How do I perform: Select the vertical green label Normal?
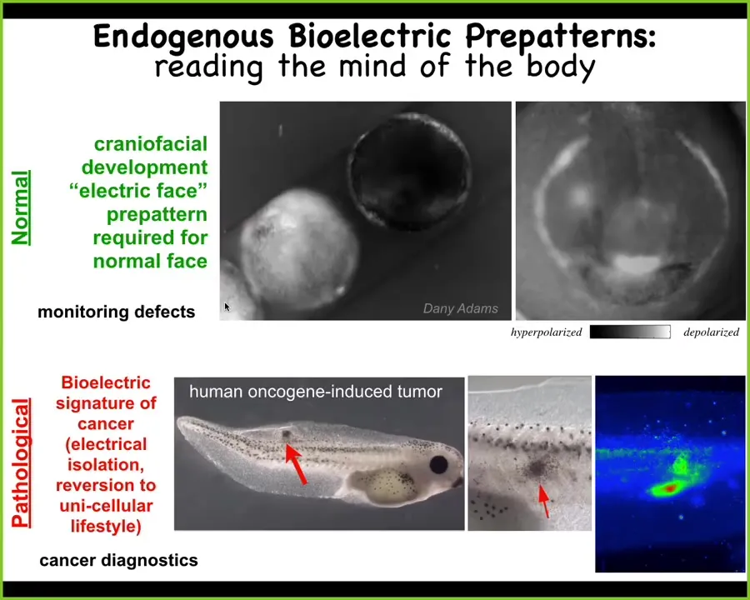(x=21, y=208)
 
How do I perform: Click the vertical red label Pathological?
(x=21, y=462)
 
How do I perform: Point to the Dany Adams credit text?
(x=461, y=308)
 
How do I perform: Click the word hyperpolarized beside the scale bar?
(x=546, y=332)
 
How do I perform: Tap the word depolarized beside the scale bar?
(x=712, y=332)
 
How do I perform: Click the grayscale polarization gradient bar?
(x=630, y=332)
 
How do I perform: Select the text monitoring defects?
(x=116, y=312)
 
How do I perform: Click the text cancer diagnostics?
(x=118, y=560)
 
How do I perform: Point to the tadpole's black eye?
(x=438, y=465)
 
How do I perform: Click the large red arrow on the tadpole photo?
(x=296, y=464)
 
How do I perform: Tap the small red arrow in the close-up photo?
(x=544, y=502)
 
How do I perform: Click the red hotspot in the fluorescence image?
(x=671, y=488)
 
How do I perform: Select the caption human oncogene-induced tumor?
(x=316, y=392)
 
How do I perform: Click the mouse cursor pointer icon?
(x=227, y=307)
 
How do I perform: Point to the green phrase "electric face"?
(x=138, y=191)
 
